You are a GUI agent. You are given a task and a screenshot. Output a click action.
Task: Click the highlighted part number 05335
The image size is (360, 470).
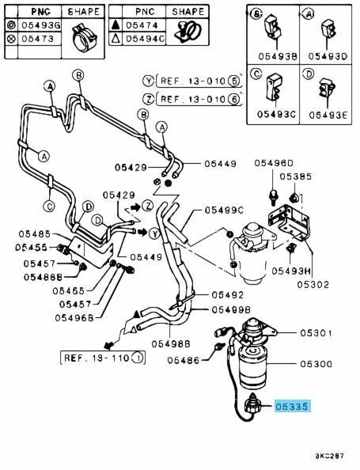(x=292, y=407)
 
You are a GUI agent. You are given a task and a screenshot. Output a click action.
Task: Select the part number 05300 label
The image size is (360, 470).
(x=316, y=364)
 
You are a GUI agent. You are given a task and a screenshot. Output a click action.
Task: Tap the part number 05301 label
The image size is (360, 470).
(x=316, y=333)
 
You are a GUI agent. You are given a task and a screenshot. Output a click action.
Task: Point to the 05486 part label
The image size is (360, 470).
(x=183, y=360)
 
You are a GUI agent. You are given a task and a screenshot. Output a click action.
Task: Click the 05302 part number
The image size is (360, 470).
(x=313, y=285)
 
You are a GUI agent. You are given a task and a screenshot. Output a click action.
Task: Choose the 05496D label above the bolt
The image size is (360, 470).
(x=274, y=163)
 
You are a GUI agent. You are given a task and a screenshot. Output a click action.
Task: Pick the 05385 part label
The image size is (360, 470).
(x=296, y=176)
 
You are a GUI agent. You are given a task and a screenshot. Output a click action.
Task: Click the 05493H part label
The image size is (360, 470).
(x=291, y=271)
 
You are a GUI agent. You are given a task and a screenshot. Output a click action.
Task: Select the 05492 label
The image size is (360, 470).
(x=228, y=295)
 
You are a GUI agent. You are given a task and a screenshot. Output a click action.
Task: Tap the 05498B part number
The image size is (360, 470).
(x=171, y=344)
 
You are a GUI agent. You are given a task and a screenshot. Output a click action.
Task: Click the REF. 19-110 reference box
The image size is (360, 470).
(x=103, y=358)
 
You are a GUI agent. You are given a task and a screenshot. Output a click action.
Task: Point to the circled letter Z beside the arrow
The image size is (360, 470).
(x=147, y=206)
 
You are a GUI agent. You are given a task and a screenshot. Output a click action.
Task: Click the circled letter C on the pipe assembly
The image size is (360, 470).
(x=50, y=207)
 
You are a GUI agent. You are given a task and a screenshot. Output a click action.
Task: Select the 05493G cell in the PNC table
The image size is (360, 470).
(x=40, y=25)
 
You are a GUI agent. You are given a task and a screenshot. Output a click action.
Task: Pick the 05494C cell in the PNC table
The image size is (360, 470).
(x=144, y=39)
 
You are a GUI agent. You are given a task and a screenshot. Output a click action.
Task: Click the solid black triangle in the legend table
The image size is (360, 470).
(x=116, y=26)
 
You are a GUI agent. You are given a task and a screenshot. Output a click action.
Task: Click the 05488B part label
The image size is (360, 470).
(x=44, y=277)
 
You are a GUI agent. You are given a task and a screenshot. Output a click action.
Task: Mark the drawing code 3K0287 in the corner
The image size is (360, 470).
(x=329, y=456)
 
